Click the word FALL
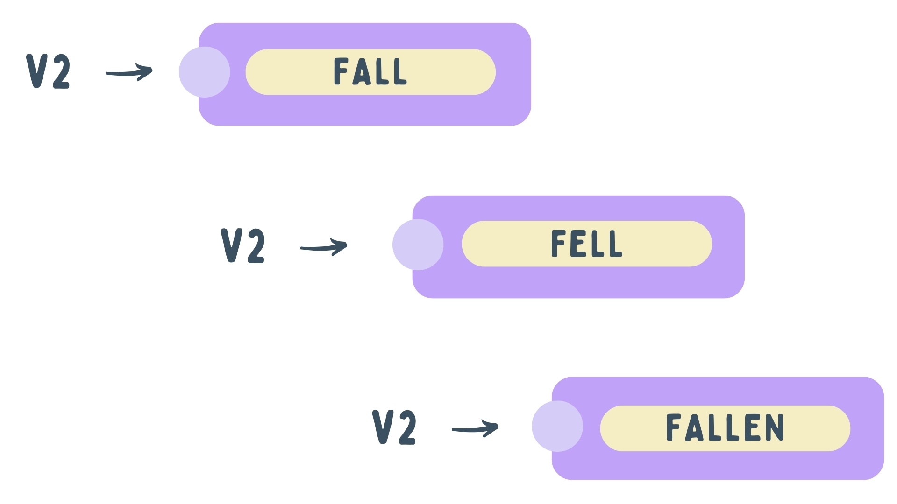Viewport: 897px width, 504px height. coord(370,71)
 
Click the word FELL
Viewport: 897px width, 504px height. coord(586,244)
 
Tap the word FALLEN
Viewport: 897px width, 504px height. coord(725,427)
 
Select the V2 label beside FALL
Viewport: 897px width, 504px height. coord(49,71)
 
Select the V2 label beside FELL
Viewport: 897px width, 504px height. coord(243,246)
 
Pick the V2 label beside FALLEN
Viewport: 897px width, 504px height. coord(394,427)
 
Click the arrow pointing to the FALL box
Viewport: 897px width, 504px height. coord(129,72)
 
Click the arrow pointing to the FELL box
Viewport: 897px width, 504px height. coord(324,247)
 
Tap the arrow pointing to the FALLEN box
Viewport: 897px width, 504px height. coord(475,428)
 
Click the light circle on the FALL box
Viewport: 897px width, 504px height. coord(205,72)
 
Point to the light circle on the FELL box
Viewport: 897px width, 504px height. coord(418,245)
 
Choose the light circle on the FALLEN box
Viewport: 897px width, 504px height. coord(557,426)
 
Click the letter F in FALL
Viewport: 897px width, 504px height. coord(341,71)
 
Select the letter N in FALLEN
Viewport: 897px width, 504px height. coord(774,427)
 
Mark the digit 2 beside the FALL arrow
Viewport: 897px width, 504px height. coord(62,72)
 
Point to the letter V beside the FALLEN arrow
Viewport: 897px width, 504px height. coord(382,427)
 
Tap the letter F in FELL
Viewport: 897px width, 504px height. coord(558,244)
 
